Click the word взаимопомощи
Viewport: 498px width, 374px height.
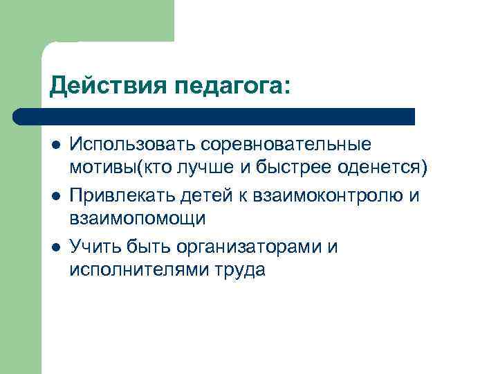click(138, 220)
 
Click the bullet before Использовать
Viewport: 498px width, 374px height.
click(55, 145)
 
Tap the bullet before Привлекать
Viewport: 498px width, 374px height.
click(55, 195)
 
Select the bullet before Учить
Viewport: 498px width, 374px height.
click(55, 246)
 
